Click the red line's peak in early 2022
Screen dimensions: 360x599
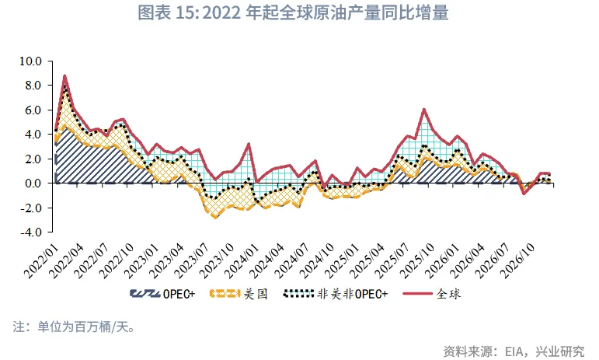pos(64,75)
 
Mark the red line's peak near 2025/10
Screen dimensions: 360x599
pos(423,109)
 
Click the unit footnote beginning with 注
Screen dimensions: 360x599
pos(75,327)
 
